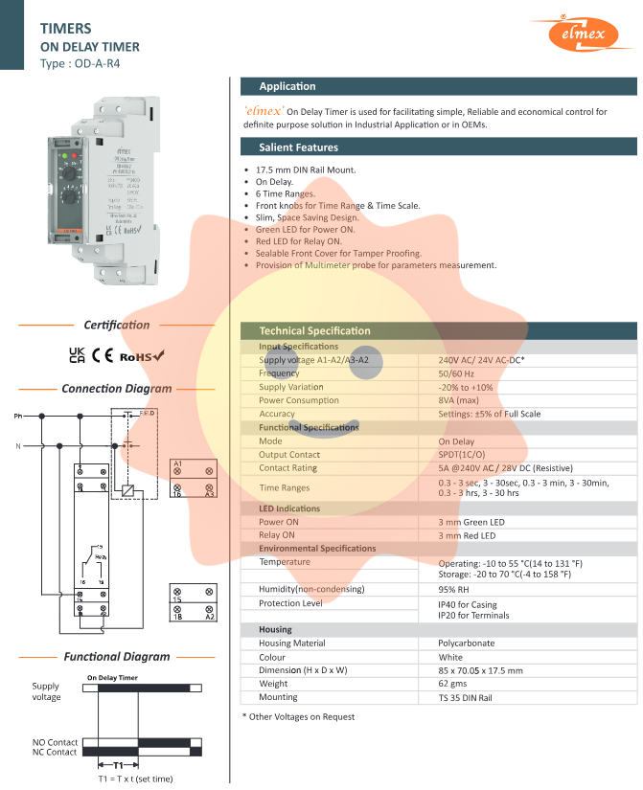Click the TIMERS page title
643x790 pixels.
(66, 29)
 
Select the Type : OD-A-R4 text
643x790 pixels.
(80, 64)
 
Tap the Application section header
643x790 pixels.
(287, 86)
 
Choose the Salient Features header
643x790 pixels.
(298, 147)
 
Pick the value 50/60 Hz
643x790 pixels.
(457, 373)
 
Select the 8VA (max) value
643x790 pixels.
(458, 400)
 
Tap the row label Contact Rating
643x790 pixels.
(287, 468)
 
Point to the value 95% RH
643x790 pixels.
(455, 590)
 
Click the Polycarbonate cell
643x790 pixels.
(467, 643)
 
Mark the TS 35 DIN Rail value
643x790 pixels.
(465, 698)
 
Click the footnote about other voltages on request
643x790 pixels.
(298, 716)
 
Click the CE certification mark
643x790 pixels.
(103, 355)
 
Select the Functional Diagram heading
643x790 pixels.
(117, 657)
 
